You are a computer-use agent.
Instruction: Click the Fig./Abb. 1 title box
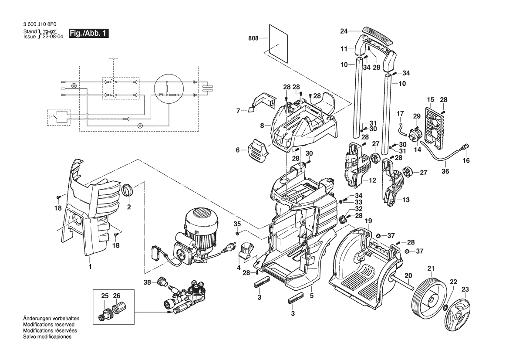(x=88, y=34)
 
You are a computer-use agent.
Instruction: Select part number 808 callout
(x=253, y=38)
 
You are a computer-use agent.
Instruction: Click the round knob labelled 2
(x=127, y=190)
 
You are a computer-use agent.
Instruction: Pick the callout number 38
(x=147, y=282)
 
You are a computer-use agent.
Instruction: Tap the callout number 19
(x=368, y=221)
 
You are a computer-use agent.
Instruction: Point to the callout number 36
(x=445, y=171)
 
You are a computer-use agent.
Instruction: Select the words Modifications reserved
(x=49, y=325)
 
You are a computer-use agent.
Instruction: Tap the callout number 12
(x=372, y=180)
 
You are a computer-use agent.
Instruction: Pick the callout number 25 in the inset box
(x=105, y=296)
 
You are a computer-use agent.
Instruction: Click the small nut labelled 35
(x=237, y=233)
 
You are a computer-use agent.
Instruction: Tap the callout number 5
(x=312, y=296)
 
